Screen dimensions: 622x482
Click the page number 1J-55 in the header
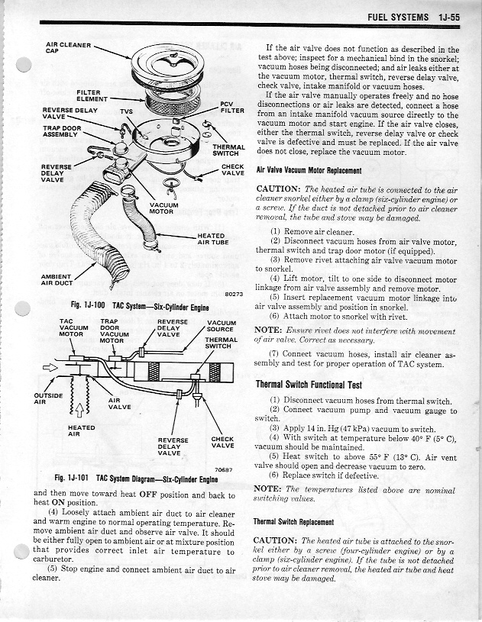click(445, 15)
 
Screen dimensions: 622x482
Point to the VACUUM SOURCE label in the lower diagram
click(222, 326)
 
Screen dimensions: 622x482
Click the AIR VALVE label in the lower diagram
click(119, 403)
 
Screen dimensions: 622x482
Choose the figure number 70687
click(223, 469)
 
